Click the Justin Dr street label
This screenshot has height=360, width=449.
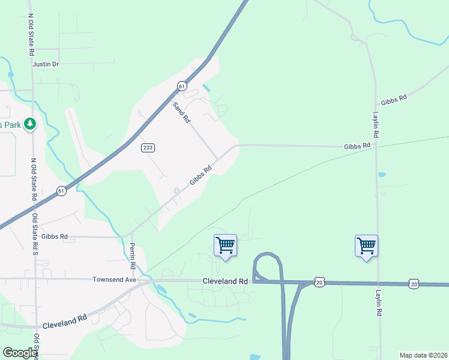point(46,64)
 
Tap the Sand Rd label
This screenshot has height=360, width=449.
point(181,112)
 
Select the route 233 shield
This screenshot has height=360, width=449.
point(148,148)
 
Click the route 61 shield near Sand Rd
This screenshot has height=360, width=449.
point(182,86)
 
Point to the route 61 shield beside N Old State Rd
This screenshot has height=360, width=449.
point(61,190)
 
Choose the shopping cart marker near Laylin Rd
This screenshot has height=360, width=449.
point(366,245)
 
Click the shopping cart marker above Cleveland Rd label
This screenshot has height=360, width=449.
point(225,245)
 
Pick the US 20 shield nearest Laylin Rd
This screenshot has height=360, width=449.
point(414,283)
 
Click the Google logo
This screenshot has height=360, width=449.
point(19,353)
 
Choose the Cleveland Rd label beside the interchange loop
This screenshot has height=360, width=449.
point(225,281)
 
